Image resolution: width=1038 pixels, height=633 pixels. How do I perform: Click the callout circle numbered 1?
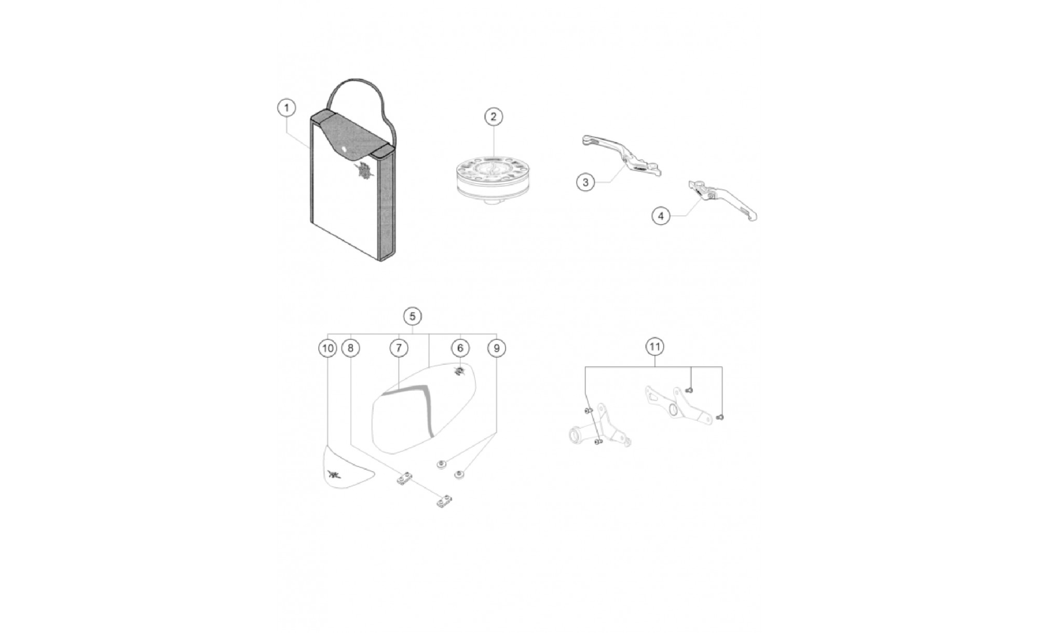pyautogui.click(x=286, y=108)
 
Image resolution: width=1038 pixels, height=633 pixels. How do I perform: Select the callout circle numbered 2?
pyautogui.click(x=493, y=117)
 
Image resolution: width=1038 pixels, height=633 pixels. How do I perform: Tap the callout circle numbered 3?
pyautogui.click(x=585, y=183)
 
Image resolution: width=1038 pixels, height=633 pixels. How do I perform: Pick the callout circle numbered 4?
pyautogui.click(x=661, y=216)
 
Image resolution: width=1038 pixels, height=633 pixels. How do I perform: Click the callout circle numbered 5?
pyautogui.click(x=412, y=316)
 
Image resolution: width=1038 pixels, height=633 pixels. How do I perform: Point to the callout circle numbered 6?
pyautogui.click(x=460, y=348)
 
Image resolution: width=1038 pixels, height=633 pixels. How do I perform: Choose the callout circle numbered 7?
pyautogui.click(x=399, y=348)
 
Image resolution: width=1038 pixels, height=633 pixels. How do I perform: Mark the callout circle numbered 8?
pyautogui.click(x=350, y=348)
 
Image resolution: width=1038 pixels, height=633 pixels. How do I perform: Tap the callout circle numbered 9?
pyautogui.click(x=496, y=348)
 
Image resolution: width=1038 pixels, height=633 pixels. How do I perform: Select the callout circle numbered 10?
pyautogui.click(x=327, y=348)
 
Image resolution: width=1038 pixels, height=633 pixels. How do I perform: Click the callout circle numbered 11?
pyautogui.click(x=654, y=346)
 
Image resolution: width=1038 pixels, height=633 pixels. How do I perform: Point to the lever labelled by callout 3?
pyautogui.click(x=621, y=155)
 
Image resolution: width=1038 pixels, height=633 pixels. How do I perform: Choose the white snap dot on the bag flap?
pyautogui.click(x=343, y=152)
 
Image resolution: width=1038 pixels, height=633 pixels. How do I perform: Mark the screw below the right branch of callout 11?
pyautogui.click(x=720, y=417)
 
